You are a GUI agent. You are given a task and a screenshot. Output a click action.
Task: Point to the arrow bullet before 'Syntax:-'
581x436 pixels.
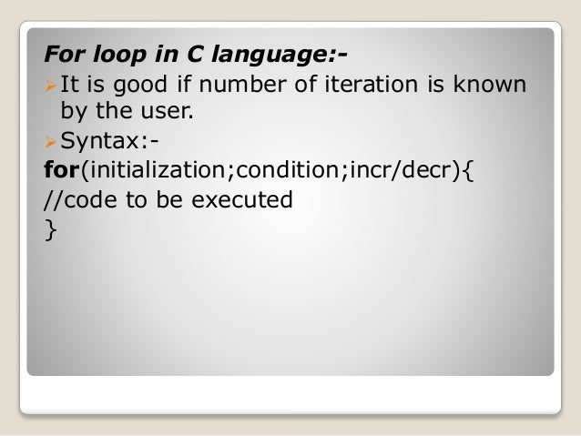point(50,143)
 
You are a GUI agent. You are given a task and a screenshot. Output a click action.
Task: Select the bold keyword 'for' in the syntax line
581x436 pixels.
point(64,170)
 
